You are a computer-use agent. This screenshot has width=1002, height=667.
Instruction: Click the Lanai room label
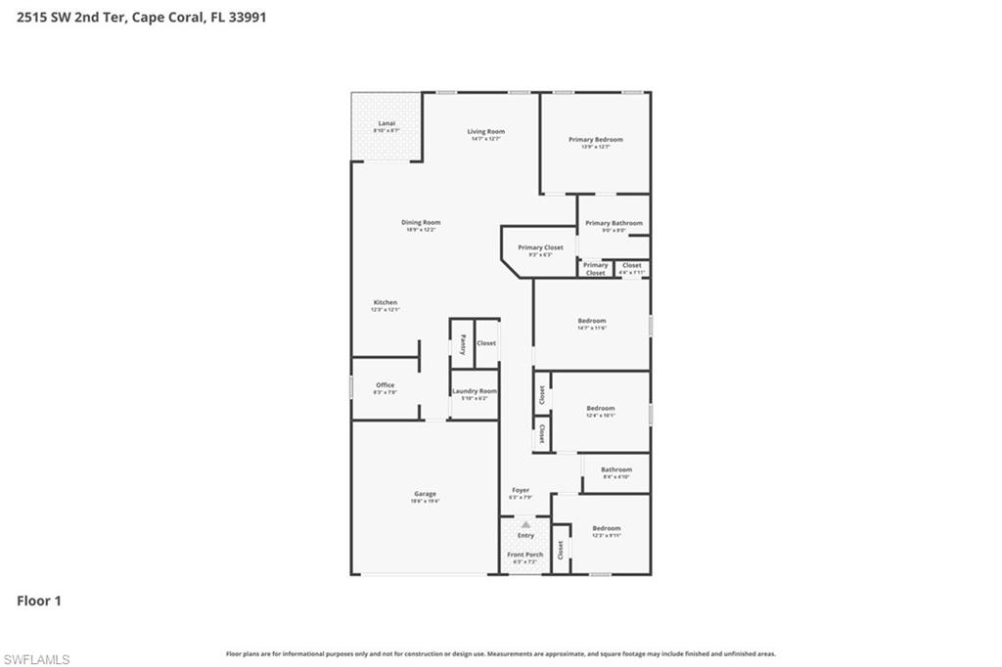(x=387, y=123)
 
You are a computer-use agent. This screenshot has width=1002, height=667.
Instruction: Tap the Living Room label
(x=485, y=131)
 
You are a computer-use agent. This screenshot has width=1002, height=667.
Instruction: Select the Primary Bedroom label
(x=595, y=139)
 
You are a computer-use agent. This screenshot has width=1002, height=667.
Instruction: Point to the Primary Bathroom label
(x=614, y=223)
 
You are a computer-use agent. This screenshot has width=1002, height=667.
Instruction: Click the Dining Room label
(x=421, y=222)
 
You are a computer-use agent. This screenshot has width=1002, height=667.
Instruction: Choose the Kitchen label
(x=385, y=302)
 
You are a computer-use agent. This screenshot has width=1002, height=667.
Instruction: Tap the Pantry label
(x=463, y=343)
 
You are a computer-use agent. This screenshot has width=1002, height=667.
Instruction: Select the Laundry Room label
(x=475, y=390)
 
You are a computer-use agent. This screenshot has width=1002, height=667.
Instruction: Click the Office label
(x=385, y=384)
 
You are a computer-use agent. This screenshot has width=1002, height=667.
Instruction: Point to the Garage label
(x=425, y=494)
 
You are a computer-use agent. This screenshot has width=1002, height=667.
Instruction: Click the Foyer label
(x=521, y=490)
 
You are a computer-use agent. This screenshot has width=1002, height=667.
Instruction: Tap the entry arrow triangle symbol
(x=525, y=525)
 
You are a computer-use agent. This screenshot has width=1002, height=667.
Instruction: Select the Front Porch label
(x=525, y=555)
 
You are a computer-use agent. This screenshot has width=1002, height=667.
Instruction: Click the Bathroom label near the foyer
(x=616, y=468)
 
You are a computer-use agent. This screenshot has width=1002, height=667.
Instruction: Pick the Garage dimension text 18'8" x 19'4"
(x=425, y=501)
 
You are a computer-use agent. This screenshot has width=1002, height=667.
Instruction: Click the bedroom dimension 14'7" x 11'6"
(x=592, y=328)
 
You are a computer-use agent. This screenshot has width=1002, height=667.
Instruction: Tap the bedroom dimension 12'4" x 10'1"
(x=601, y=415)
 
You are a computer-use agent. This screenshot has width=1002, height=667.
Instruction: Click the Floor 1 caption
(x=39, y=600)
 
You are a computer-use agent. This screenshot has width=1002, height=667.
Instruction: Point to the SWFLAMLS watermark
(x=36, y=659)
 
